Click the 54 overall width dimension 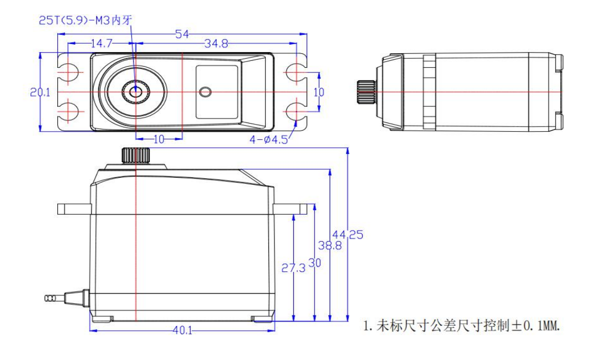point(182,34)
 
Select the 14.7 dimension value point(101,44)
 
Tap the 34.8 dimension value point(216,44)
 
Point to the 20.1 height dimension point(40,92)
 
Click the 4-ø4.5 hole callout point(268,140)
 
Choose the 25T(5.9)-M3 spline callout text point(86,20)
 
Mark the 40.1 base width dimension point(182,330)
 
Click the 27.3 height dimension point(293,268)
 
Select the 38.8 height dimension point(330,246)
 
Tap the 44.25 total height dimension point(348,234)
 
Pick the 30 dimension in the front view point(315,263)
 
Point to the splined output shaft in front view point(136,155)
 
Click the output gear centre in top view point(136,92)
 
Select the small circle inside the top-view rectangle point(205,92)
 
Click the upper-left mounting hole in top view point(68,72)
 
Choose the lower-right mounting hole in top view point(296,111)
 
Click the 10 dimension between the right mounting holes point(319,92)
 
